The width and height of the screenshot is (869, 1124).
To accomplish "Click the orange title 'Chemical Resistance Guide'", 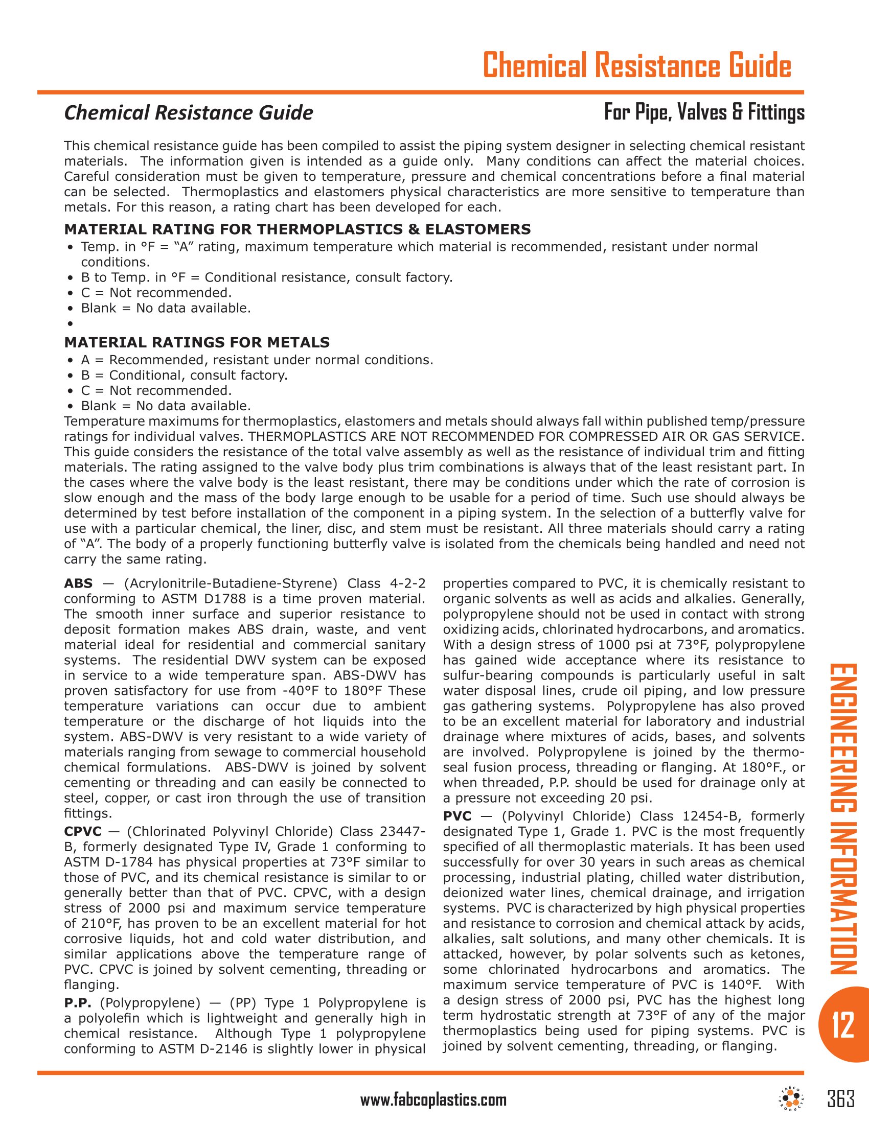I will click(x=637, y=65).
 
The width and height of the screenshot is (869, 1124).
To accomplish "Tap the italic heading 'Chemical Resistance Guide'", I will click(x=189, y=113).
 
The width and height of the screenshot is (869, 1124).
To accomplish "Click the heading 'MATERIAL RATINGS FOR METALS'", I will click(x=197, y=342).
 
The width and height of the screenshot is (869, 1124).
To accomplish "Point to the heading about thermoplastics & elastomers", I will click(x=297, y=229).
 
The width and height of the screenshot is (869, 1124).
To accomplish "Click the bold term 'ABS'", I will click(x=78, y=583).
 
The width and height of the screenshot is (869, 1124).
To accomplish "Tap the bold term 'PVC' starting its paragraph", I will click(x=457, y=816).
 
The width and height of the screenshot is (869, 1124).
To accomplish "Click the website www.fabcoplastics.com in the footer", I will click(x=433, y=1100).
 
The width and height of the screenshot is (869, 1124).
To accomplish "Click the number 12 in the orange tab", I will click(x=843, y=1024).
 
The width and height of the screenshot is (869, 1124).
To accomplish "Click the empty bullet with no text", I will click(x=70, y=324).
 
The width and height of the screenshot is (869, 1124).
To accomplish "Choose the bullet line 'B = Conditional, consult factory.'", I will click(x=185, y=375).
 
